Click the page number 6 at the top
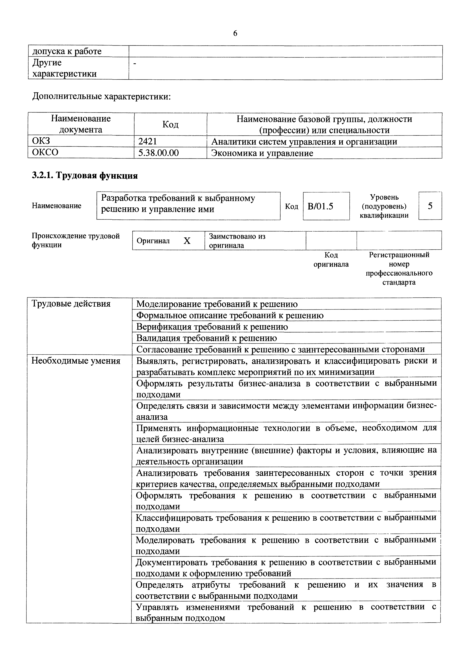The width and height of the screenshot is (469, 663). point(235,33)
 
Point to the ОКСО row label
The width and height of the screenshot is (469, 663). point(45,152)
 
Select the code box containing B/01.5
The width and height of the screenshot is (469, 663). point(326,206)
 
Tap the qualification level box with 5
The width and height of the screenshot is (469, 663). point(430,206)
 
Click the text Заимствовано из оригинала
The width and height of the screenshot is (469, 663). point(237,241)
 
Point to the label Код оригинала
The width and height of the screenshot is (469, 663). point(331,259)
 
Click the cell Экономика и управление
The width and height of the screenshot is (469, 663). point(262,153)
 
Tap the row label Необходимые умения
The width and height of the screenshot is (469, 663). point(76,361)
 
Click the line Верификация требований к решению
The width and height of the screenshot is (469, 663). point(212,327)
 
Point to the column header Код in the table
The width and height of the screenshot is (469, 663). point(170,124)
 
